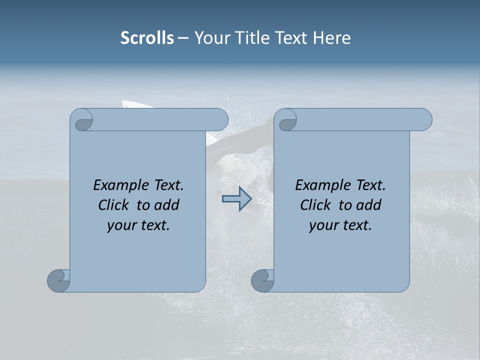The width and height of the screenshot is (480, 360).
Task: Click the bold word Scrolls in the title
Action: [x=147, y=38]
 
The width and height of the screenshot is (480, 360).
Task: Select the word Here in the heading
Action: [x=331, y=38]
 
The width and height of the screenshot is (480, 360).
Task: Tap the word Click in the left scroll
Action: [x=114, y=205]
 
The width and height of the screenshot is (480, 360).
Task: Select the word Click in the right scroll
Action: [x=316, y=205]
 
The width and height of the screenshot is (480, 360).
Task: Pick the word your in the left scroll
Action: [x=121, y=225]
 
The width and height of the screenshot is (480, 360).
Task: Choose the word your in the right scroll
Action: [x=323, y=225]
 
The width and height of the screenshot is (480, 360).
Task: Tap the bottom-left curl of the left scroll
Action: [x=58, y=280]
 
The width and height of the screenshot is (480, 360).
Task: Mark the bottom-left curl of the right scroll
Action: [x=262, y=280]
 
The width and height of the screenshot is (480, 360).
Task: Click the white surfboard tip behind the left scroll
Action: [x=131, y=104]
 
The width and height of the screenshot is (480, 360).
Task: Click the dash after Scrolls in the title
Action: [x=183, y=38]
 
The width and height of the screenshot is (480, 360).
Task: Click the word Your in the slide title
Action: [x=210, y=38]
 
